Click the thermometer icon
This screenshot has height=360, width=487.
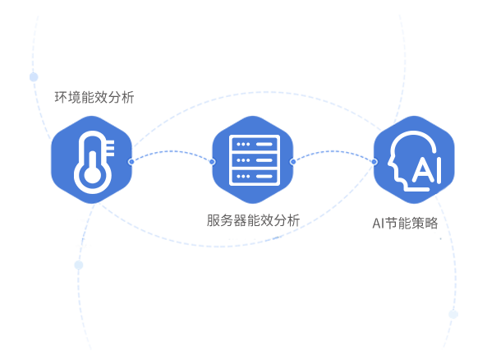pyautogui.click(x=92, y=162)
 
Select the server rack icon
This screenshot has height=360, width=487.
pyautogui.click(x=255, y=160)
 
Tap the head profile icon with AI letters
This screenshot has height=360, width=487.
pyautogui.click(x=415, y=161)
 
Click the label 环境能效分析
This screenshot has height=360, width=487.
pyautogui.click(x=94, y=97)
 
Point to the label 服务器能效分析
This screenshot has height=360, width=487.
pyautogui.click(x=253, y=220)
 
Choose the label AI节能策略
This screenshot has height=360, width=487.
pyautogui.click(x=405, y=224)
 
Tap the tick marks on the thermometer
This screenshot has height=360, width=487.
pyautogui.click(x=110, y=148)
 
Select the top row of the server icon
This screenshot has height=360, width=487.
pyautogui.click(x=255, y=144)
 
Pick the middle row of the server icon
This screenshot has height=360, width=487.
pyautogui.click(x=255, y=160)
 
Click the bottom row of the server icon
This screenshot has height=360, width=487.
pyautogui.click(x=255, y=177)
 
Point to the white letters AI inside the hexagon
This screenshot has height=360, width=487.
pyautogui.click(x=427, y=170)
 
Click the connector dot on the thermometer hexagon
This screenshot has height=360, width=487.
pyautogui.click(x=131, y=161)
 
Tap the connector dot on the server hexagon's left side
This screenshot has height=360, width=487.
pyautogui.click(x=213, y=162)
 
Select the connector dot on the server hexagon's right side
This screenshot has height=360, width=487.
pyautogui.click(x=292, y=162)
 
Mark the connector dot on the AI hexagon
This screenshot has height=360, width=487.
pyautogui.click(x=374, y=162)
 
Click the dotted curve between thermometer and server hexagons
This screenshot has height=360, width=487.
pyautogui.click(x=172, y=151)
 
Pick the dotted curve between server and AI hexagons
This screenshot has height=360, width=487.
pyautogui.click(x=333, y=151)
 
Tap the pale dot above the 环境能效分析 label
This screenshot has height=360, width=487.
pyautogui.click(x=34, y=76)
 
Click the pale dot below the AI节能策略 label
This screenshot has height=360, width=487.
pyautogui.click(x=453, y=314)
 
